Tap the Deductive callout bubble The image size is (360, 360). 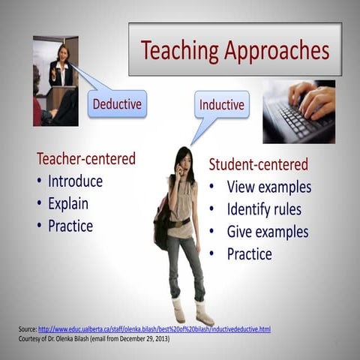coord(117,103)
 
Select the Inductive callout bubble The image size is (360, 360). coord(222,105)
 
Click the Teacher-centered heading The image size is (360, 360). coord(86,159)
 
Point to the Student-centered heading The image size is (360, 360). coord(258,164)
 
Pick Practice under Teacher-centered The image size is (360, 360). coord(70,226)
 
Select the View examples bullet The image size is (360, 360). coord(268,187)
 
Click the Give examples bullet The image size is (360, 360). coord(268,232)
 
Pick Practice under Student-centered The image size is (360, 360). coord(249,253)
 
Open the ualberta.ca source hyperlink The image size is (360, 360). coord(154,329)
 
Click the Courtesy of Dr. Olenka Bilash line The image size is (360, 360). coord(94,339)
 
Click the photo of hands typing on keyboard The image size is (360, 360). coord(298,111)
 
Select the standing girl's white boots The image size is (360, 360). coord(191,310)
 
